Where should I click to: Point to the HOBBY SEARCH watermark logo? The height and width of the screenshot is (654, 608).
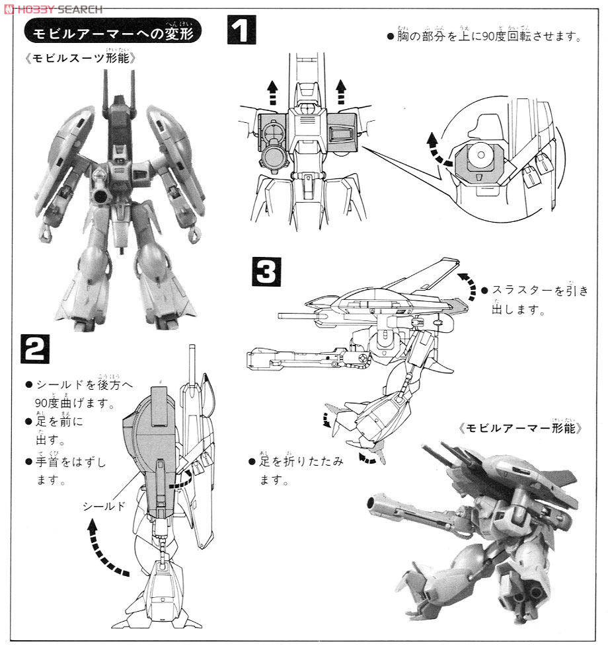click(x=53, y=9)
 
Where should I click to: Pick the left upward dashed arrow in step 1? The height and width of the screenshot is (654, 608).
click(x=272, y=91)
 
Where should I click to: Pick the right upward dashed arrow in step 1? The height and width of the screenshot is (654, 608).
click(x=341, y=91)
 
